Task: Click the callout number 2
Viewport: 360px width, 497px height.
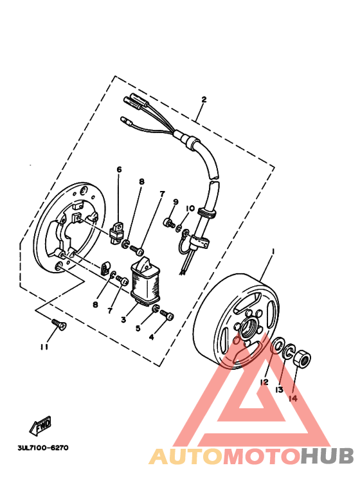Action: point(204,100)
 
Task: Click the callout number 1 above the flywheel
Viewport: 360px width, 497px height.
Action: point(273,251)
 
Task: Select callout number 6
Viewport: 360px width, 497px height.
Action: point(119,170)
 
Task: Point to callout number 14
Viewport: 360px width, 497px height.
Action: point(293,398)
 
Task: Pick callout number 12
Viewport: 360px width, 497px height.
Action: point(264,381)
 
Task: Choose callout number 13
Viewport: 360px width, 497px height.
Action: point(280,390)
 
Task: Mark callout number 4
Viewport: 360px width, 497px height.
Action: point(152,336)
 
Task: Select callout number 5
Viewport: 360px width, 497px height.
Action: point(138,328)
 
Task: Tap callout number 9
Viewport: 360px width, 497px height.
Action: point(175,203)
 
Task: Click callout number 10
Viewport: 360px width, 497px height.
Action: point(190,208)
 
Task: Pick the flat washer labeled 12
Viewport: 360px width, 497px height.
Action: point(279,346)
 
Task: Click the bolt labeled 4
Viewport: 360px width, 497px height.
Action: point(168,315)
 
